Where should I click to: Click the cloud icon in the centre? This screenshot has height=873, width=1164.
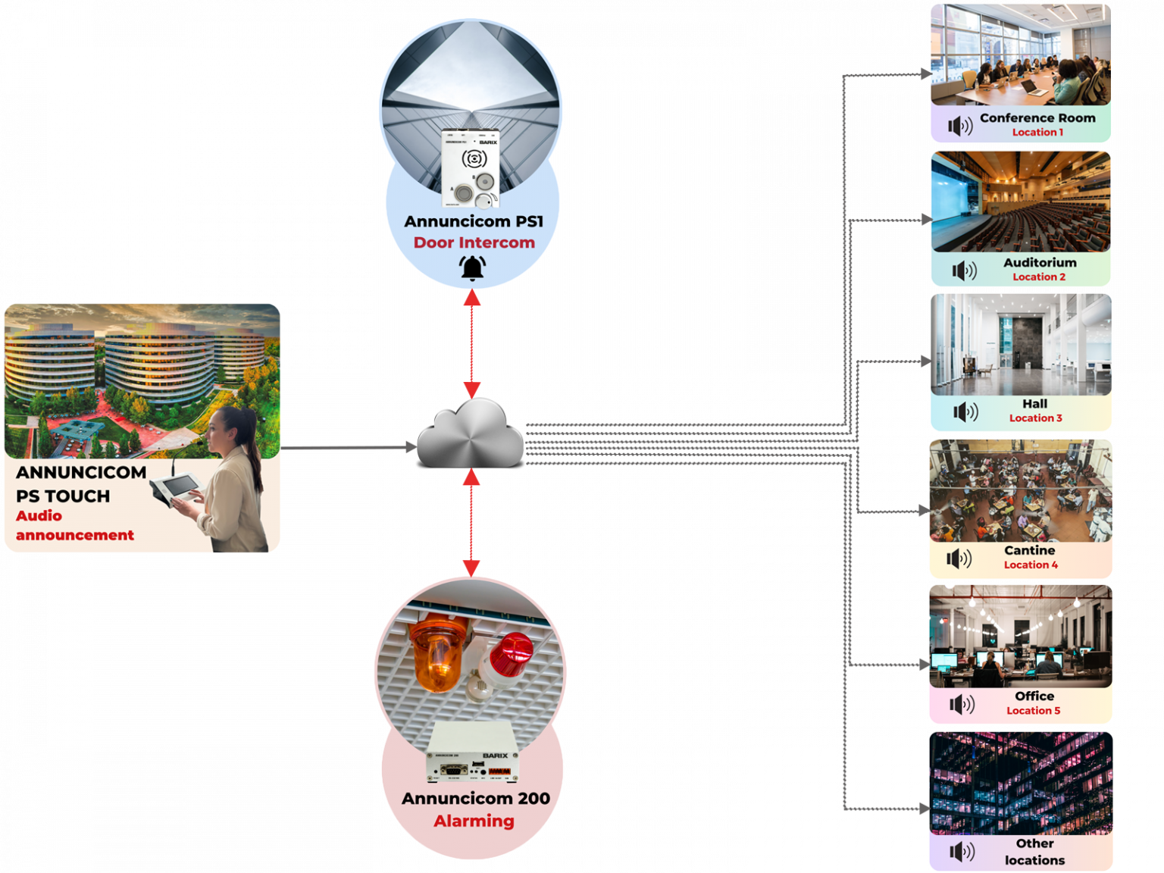pyautogui.click(x=471, y=434)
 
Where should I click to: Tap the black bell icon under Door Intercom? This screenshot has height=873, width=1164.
pyautogui.click(x=473, y=268)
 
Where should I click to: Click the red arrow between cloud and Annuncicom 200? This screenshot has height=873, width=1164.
pyautogui.click(x=471, y=522)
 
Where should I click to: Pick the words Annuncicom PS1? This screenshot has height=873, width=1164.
pyautogui.click(x=474, y=221)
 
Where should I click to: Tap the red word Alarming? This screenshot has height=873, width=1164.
pyautogui.click(x=474, y=821)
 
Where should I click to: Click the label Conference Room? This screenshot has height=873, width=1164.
pyautogui.click(x=1037, y=118)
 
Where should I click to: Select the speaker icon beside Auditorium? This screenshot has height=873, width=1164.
pyautogui.click(x=964, y=271)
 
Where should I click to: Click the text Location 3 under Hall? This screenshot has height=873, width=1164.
pyautogui.click(x=1035, y=418)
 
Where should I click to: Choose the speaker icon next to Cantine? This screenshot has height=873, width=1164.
pyautogui.click(x=959, y=559)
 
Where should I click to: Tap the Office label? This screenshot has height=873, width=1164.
pyautogui.click(x=1034, y=696)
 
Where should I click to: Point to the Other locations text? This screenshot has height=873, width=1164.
pyautogui.click(x=1034, y=852)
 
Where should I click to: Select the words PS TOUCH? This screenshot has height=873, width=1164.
pyautogui.click(x=63, y=496)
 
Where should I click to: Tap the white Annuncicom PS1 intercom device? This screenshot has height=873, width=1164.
pyautogui.click(x=471, y=168)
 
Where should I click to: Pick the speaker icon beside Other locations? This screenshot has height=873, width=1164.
pyautogui.click(x=962, y=852)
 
